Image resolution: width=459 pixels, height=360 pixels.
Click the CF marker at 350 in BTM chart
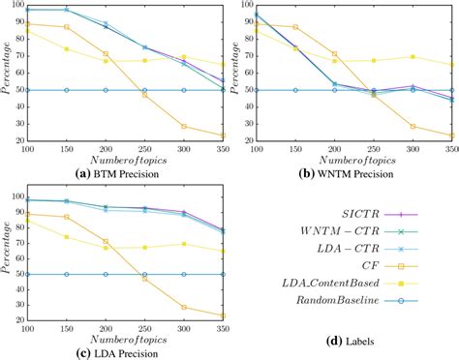coord(223,135)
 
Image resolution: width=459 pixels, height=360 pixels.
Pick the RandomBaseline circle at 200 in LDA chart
coord(107,274)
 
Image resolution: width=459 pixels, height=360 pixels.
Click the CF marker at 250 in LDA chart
coord(145,279)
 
